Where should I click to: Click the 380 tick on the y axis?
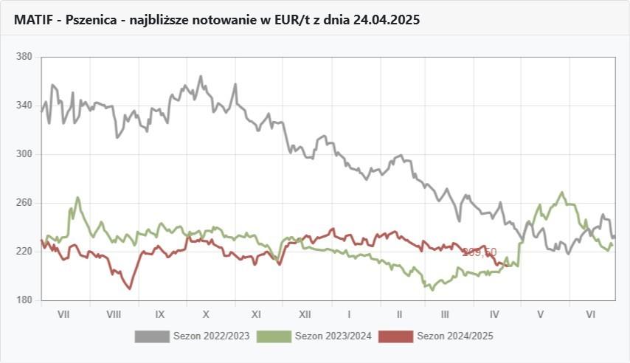click(24, 57)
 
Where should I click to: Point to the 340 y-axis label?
click(24, 106)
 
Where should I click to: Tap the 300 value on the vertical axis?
click(24, 154)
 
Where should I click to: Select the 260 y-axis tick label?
click(24, 203)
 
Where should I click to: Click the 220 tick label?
click(24, 252)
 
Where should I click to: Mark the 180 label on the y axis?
click(24, 300)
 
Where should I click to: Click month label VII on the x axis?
click(63, 314)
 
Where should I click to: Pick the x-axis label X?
click(207, 314)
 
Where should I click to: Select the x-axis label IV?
click(494, 314)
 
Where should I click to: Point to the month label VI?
click(590, 314)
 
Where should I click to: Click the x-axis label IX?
click(159, 314)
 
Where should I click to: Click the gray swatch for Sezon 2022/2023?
click(151, 336)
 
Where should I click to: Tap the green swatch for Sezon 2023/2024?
click(273, 336)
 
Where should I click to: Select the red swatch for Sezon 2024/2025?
click(395, 336)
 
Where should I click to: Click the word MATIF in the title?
click(32, 20)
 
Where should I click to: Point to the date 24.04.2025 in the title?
click(386, 20)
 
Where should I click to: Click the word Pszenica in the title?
click(90, 20)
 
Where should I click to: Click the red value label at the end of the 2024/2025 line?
click(480, 252)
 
